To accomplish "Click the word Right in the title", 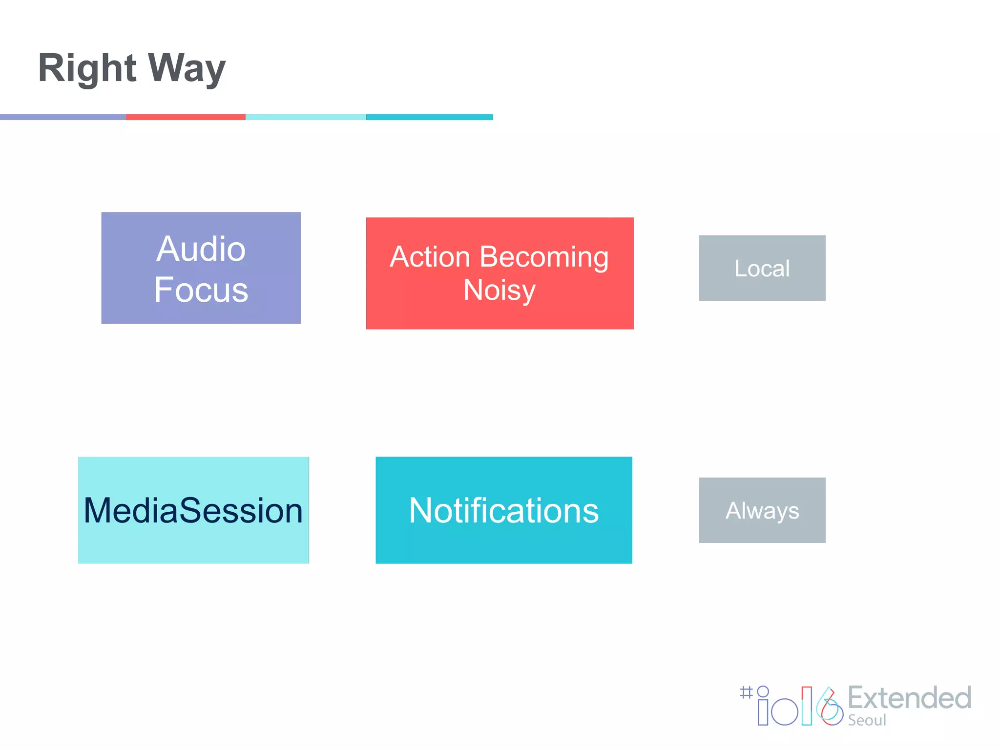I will click(x=87, y=68).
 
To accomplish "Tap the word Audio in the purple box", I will click(x=201, y=249).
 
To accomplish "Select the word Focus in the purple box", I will click(x=201, y=290).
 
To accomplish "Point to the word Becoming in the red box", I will click(x=544, y=258).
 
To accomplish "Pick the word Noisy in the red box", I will click(x=499, y=290).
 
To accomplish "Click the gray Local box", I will click(x=762, y=268).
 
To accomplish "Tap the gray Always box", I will click(x=762, y=510).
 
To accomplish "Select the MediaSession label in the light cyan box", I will click(x=193, y=511).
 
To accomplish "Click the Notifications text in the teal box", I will click(x=503, y=511).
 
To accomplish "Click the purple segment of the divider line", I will click(x=62, y=117).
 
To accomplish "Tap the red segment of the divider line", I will click(x=186, y=117).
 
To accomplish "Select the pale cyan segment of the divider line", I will click(x=306, y=117).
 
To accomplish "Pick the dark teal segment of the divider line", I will click(x=429, y=117).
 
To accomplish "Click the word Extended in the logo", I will click(x=909, y=698).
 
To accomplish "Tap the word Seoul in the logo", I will click(x=867, y=721).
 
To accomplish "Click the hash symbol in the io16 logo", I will click(x=746, y=692).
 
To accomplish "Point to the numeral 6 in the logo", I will click(x=830, y=708).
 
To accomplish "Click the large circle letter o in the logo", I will click(x=785, y=712).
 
